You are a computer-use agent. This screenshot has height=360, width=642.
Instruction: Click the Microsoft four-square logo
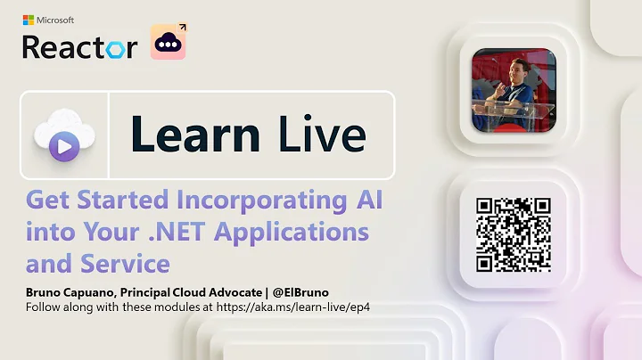click(x=29, y=20)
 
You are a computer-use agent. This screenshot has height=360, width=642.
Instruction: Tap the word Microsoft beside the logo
click(x=56, y=20)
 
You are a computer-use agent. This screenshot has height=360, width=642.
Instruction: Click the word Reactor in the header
click(x=79, y=45)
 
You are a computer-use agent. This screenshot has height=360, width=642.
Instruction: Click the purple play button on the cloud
click(x=63, y=148)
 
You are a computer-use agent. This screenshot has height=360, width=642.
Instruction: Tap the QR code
click(x=513, y=233)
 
